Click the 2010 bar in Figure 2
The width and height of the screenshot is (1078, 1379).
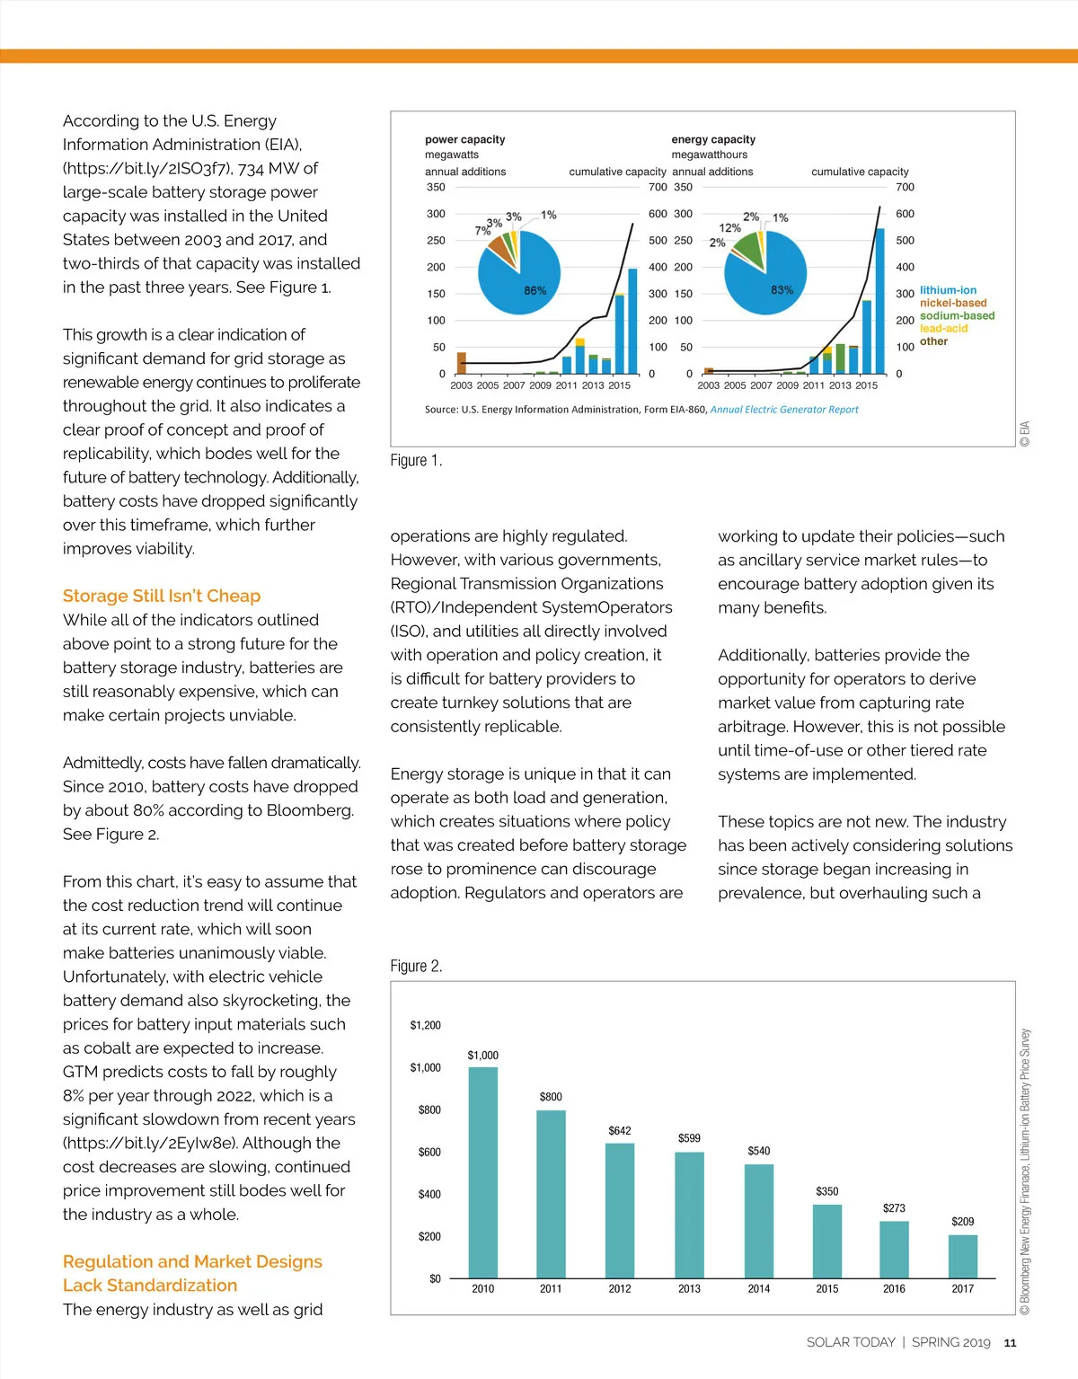pyautogui.click(x=483, y=1171)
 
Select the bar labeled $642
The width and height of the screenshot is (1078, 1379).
pyautogui.click(x=620, y=1209)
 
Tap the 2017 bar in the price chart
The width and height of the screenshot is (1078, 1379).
pyautogui.click(x=963, y=1256)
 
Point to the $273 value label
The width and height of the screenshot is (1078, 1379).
pyautogui.click(x=894, y=1208)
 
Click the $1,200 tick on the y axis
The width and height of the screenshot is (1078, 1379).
pyautogui.click(x=426, y=1025)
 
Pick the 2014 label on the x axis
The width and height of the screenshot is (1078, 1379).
pyautogui.click(x=759, y=1288)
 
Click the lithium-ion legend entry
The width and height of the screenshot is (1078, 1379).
pyautogui.click(x=948, y=290)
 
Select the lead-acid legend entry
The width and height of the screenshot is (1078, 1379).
pyautogui.click(x=943, y=328)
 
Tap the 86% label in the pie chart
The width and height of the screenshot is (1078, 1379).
pyautogui.click(x=535, y=290)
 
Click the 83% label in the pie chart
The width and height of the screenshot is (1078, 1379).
pyautogui.click(x=782, y=289)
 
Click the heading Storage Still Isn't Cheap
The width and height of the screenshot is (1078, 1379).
pyautogui.click(x=162, y=596)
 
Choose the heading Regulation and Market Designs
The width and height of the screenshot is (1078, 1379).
pyautogui.click(x=192, y=1261)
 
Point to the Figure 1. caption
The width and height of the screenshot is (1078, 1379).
pyautogui.click(x=416, y=460)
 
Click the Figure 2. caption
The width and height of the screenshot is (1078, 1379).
pyautogui.click(x=416, y=966)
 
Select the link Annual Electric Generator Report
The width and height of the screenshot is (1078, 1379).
pyautogui.click(x=784, y=410)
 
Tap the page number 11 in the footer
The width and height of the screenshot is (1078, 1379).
pyautogui.click(x=1010, y=1343)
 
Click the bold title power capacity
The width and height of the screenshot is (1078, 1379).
pyautogui.click(x=464, y=139)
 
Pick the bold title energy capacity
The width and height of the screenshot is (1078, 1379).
pyautogui.click(x=713, y=139)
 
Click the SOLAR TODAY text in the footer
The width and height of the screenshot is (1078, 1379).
pyautogui.click(x=851, y=1342)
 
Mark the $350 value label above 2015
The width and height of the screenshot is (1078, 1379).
pyautogui.click(x=827, y=1191)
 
